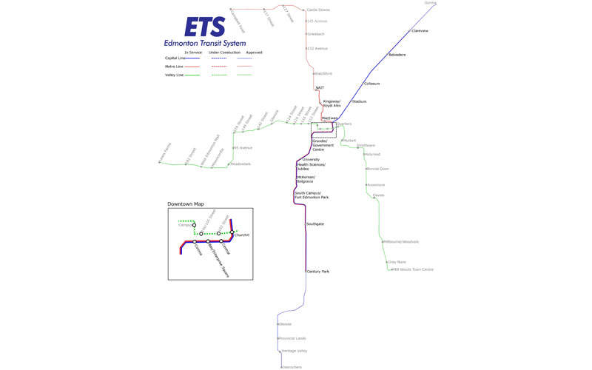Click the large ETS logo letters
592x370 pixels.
click(x=205, y=27)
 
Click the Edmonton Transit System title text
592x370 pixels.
click(x=205, y=43)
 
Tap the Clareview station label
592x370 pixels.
click(x=420, y=31)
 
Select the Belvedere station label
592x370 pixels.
click(x=397, y=55)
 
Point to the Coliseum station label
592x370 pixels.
click(x=371, y=84)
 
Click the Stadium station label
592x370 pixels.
click(x=359, y=101)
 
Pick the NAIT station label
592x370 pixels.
click(x=320, y=88)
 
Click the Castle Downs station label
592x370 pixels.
click(x=318, y=10)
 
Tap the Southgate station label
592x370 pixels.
click(x=315, y=223)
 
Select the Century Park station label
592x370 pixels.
click(x=318, y=272)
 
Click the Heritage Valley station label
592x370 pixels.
click(x=295, y=351)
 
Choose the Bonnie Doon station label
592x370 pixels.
click(x=377, y=169)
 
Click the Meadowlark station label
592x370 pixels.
click(x=241, y=164)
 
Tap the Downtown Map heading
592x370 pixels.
click(x=185, y=203)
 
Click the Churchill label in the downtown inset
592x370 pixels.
click(x=242, y=235)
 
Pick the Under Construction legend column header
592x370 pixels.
click(x=224, y=53)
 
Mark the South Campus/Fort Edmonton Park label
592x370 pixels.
click(x=312, y=195)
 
